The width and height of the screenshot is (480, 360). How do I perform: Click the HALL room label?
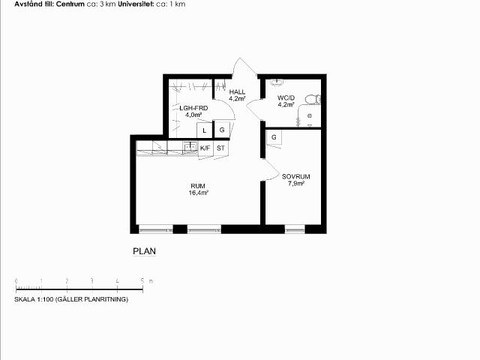click(x=237, y=91)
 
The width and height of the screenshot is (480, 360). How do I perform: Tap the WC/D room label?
click(x=286, y=98)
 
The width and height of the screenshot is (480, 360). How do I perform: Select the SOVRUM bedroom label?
click(x=296, y=177)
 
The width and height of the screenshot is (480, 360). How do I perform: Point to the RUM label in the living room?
click(x=198, y=186)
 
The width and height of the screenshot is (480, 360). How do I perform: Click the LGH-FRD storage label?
click(x=193, y=108)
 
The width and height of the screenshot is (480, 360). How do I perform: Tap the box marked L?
click(x=205, y=130)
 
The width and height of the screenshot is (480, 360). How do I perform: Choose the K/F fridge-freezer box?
click(x=205, y=148)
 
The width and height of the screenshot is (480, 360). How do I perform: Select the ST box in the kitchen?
click(x=220, y=148)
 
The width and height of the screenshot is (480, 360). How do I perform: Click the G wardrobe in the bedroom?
click(x=274, y=137)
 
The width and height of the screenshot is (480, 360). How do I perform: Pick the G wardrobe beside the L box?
click(x=222, y=130)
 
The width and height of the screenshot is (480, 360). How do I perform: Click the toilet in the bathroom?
click(x=313, y=99)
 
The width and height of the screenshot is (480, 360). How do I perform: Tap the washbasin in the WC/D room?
click(x=277, y=82)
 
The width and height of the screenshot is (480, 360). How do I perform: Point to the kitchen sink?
click(x=190, y=147)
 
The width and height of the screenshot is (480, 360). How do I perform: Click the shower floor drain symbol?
click(x=310, y=115)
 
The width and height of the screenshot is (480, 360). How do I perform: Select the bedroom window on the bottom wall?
click(x=295, y=229)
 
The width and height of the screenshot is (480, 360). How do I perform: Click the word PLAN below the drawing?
click(x=145, y=251)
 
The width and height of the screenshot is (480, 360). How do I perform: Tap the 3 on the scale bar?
click(x=91, y=280)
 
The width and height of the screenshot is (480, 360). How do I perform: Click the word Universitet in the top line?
click(x=136, y=4)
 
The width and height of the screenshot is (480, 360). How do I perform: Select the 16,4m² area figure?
click(x=198, y=193)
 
